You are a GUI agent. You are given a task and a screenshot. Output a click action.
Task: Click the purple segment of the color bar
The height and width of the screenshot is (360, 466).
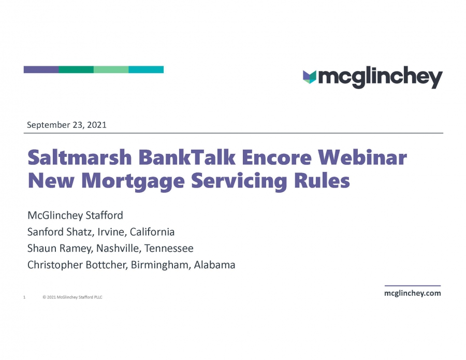(41, 69)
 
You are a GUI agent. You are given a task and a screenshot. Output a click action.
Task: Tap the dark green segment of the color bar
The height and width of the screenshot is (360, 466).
(77, 69)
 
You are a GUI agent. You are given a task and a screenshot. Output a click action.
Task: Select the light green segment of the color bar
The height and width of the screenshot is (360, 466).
(111, 69)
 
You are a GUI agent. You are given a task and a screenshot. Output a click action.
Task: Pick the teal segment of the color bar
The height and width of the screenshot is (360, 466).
(146, 69)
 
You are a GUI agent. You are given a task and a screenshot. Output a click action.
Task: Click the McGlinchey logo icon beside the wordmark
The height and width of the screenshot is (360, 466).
(310, 77)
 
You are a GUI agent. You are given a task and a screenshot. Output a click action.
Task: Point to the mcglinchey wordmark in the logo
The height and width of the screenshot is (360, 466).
(381, 78)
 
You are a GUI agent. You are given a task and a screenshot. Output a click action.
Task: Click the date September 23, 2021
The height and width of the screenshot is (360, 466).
(67, 125)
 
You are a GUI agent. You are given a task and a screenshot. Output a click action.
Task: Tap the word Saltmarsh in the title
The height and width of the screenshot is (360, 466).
(80, 157)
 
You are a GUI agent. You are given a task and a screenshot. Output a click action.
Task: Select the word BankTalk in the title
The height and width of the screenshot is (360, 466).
(186, 157)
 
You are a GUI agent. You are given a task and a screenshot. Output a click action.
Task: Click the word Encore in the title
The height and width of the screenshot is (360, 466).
(276, 157)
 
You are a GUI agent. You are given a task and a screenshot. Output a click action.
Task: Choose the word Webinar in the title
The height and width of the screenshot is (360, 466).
(362, 157)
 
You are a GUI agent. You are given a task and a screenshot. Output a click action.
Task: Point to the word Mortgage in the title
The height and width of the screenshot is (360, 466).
(133, 181)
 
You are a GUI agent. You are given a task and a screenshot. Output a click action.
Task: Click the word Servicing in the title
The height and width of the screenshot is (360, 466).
(239, 181)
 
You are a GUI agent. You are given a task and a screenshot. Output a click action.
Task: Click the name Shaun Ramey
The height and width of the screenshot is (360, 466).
(60, 249)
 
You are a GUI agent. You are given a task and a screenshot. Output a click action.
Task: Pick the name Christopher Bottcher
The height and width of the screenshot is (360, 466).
(78, 265)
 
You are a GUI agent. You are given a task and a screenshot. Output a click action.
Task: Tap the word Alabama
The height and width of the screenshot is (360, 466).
(214, 265)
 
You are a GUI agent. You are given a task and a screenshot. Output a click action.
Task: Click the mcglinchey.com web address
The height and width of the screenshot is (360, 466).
(413, 293)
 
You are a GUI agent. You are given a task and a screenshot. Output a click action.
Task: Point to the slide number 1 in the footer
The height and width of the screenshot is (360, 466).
(24, 297)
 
